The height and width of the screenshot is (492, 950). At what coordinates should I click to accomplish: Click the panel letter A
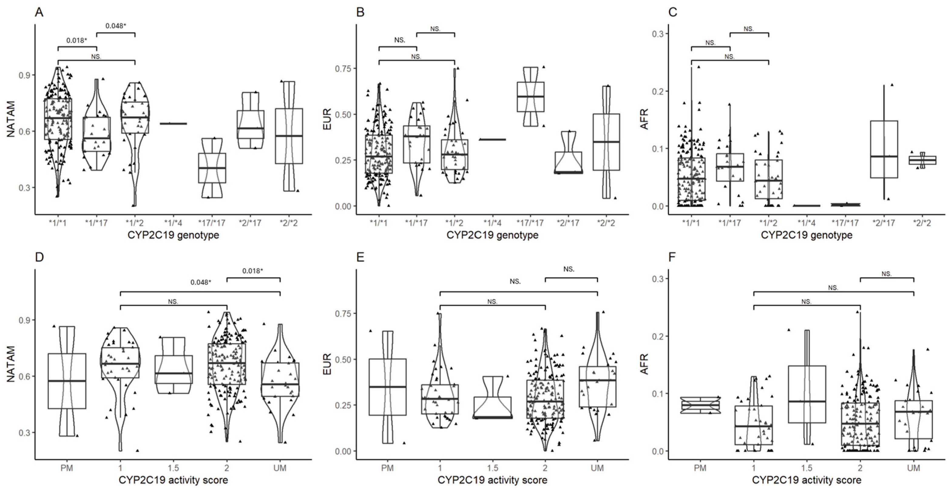(x=39, y=12)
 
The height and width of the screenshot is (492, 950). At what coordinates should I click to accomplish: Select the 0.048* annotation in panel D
(x=201, y=283)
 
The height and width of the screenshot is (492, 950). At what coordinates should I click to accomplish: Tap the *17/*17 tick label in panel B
(x=530, y=223)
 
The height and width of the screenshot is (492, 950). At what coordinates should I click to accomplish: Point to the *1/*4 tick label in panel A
(x=173, y=223)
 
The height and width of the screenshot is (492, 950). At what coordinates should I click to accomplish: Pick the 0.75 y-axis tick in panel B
(x=343, y=69)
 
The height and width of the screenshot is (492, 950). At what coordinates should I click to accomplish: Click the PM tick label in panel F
(x=700, y=468)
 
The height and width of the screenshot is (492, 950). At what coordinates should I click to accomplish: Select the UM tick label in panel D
(x=280, y=468)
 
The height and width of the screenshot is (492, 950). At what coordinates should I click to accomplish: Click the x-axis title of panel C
(x=806, y=235)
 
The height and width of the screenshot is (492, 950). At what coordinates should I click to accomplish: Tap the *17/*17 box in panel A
(x=212, y=168)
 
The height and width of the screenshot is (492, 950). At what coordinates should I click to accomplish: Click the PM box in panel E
(x=387, y=387)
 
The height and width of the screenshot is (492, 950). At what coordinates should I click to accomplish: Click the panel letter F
(x=672, y=257)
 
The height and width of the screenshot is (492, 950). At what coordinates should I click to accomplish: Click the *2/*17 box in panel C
(x=884, y=149)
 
